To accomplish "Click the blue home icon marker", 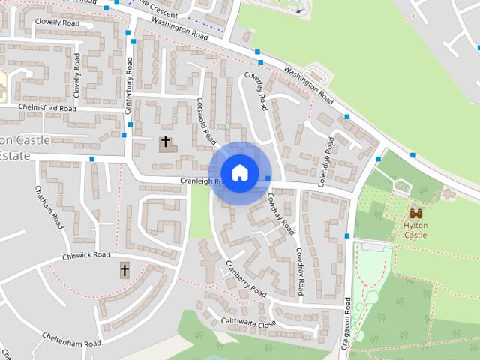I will [x=239, y=172].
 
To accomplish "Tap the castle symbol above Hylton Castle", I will [x=415, y=214].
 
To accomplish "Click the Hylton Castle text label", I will [x=415, y=229].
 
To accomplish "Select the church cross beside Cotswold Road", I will [x=165, y=141].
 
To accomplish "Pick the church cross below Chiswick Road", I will [x=124, y=269].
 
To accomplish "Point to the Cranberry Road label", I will [x=247, y=277].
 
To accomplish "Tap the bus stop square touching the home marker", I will [x=268, y=178].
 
